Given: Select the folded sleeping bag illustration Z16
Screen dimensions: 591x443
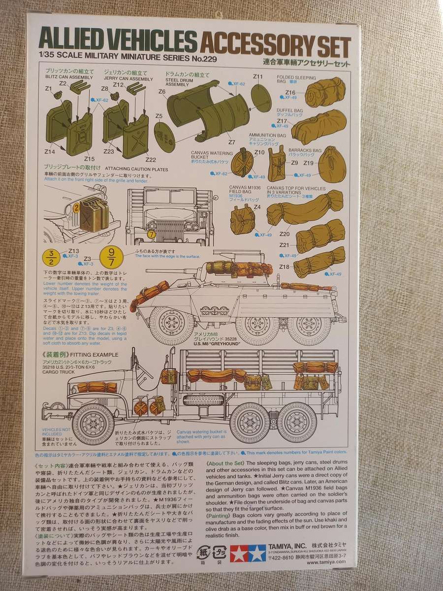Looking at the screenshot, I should pyautogui.click(x=324, y=92).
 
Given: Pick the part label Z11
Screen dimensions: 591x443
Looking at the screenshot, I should pyautogui.click(x=258, y=77).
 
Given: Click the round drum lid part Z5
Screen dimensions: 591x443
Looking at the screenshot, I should pyautogui.click(x=163, y=132).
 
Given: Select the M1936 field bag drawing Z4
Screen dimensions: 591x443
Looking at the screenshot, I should pyautogui.click(x=242, y=219).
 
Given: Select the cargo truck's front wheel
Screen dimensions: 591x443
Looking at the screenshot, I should pyautogui.click(x=93, y=424).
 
